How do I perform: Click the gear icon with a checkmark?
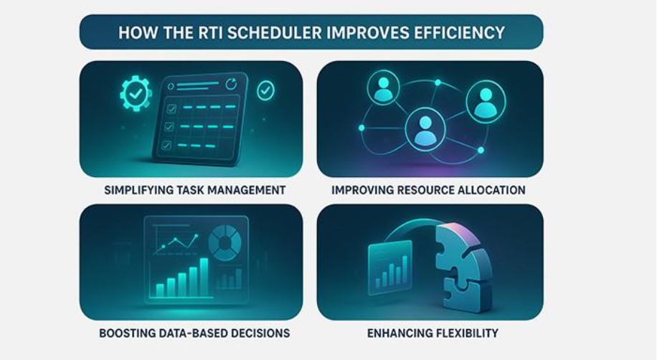tap(136, 93)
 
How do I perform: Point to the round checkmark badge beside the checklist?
tap(265, 90)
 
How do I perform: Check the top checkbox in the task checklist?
tap(171, 109)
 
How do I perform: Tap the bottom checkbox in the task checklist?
tap(166, 144)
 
